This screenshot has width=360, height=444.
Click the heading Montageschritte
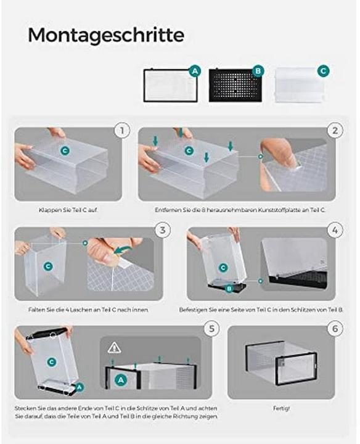[106, 35]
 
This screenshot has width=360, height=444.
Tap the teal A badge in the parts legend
[195, 71]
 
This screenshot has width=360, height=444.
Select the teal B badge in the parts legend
[258, 71]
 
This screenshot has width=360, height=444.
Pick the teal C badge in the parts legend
[324, 71]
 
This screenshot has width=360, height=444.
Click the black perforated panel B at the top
[235, 85]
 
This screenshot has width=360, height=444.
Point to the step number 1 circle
[122, 131]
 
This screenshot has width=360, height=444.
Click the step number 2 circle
[335, 131]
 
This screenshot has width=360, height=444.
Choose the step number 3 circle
[163, 230]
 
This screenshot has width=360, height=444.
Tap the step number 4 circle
[335, 230]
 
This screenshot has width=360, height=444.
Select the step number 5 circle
[211, 329]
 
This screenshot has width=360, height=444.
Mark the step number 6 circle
[335, 329]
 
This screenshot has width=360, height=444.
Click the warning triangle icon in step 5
[114, 348]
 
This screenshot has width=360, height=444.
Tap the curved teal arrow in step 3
[122, 250]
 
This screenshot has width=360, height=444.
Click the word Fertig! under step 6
[281, 408]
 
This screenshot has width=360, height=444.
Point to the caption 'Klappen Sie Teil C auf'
[68, 210]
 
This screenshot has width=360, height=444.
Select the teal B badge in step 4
[229, 289]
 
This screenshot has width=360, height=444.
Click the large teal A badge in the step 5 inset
[121, 380]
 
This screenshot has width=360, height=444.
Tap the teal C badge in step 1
[65, 150]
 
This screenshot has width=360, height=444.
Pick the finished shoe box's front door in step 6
[297, 369]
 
